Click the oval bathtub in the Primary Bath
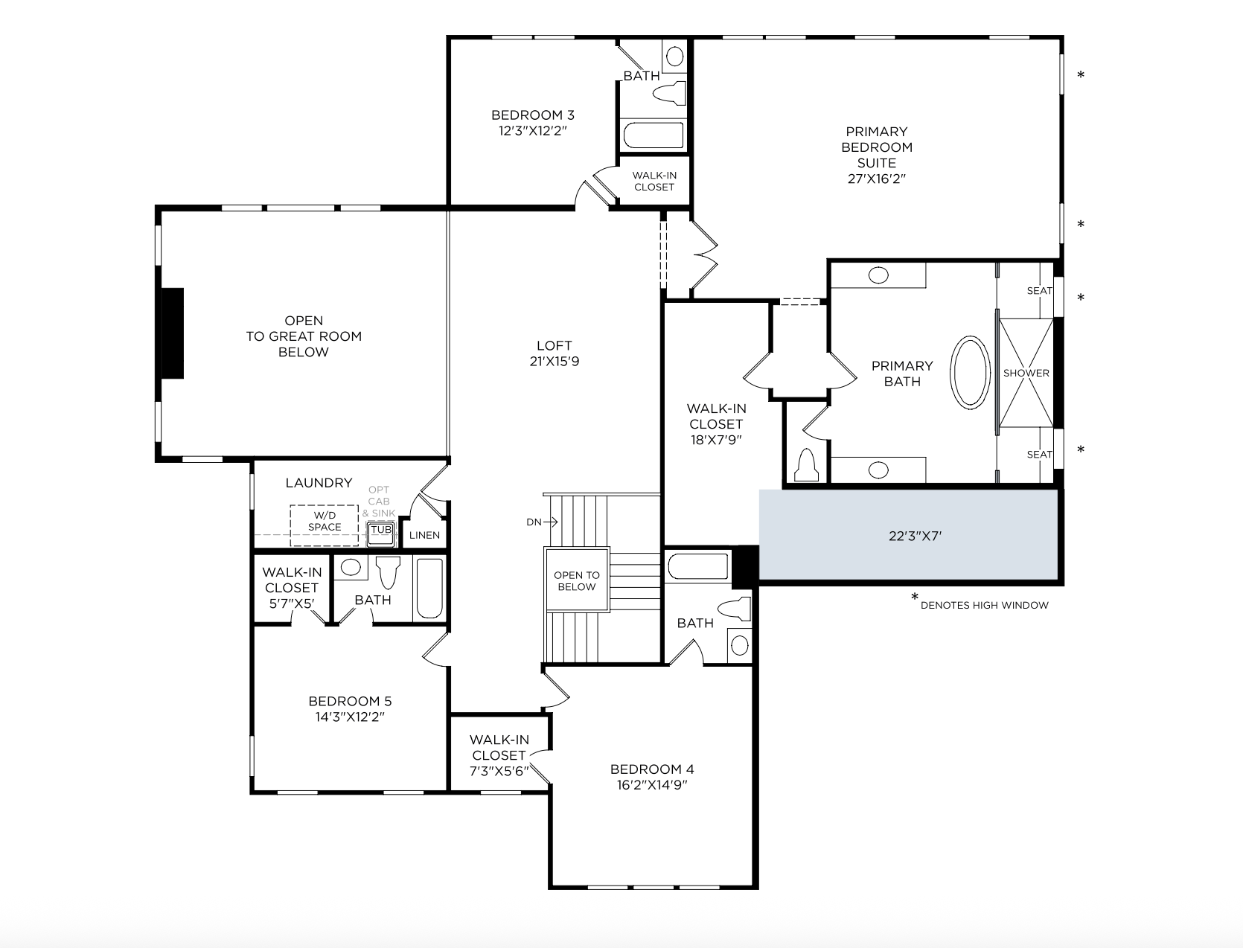point(970,372)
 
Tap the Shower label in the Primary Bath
point(1026,373)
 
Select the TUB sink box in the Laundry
point(380,534)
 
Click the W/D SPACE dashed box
point(324,525)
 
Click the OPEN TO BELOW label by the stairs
point(577,580)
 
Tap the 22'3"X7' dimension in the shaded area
point(915,536)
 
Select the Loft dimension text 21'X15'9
point(555,361)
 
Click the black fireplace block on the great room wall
point(173,333)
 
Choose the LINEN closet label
point(424,535)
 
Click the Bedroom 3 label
point(533,115)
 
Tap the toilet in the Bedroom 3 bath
point(669,93)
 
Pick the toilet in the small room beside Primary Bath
point(806,464)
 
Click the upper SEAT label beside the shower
point(1040,290)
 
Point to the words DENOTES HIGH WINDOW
point(984,605)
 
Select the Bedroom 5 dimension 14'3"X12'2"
point(350,717)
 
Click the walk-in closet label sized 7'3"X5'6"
point(499,755)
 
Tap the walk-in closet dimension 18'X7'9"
point(716,440)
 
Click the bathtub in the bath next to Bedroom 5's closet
point(429,589)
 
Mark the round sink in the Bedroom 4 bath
point(740,645)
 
